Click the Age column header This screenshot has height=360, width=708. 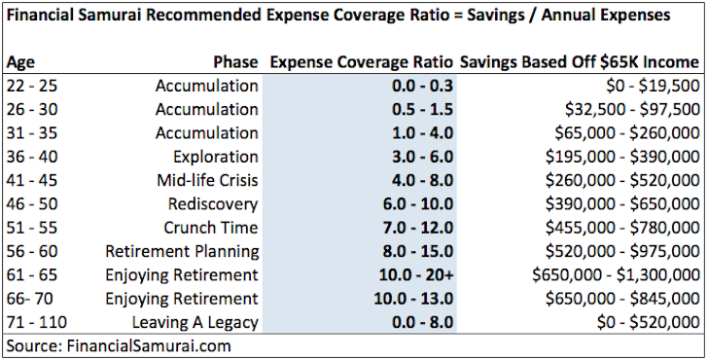tap(20, 62)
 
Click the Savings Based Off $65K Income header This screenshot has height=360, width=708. tap(581, 62)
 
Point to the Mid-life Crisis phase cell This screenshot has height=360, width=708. tap(207, 180)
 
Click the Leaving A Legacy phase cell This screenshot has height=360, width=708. tap(195, 322)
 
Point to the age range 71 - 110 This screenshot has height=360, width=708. tap(34, 322)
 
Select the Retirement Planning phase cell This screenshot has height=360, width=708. tap(183, 251)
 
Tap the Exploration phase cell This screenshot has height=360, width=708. tap(215, 157)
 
